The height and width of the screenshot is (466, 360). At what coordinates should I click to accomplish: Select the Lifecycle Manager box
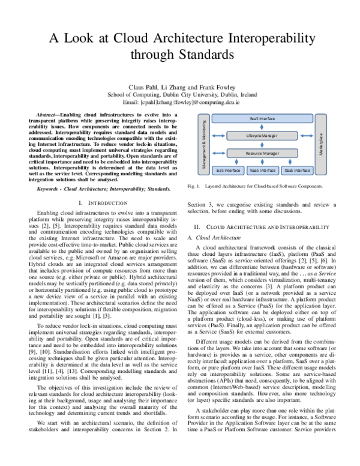click(x=263, y=136)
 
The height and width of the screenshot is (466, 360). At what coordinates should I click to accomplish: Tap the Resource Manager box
click(x=263, y=154)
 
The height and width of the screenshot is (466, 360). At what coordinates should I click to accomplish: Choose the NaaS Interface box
click(x=262, y=171)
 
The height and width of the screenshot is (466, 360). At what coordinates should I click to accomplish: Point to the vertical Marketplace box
click(x=321, y=145)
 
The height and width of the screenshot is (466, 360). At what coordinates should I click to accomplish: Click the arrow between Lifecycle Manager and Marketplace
click(x=305, y=136)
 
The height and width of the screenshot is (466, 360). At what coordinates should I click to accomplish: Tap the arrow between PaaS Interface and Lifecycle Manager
click(x=263, y=127)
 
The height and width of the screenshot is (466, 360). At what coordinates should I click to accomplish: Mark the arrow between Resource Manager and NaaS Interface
click(x=263, y=162)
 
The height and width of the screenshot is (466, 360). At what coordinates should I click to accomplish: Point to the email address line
click(x=180, y=103)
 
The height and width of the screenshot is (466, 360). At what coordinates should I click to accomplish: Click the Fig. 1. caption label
click(x=194, y=186)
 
